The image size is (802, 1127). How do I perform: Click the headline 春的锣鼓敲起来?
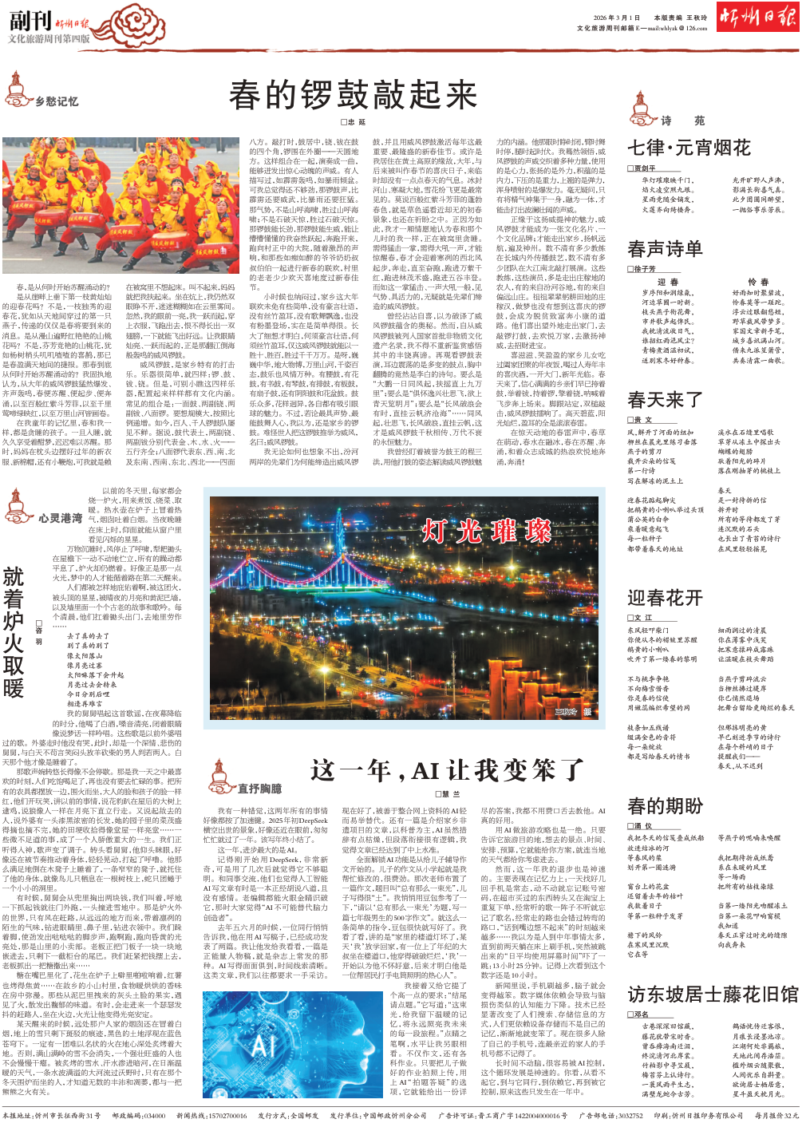(353, 95)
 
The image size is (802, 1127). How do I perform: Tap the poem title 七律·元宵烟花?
(689, 148)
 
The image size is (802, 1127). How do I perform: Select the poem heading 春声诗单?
(665, 249)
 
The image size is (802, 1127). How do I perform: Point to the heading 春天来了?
(665, 399)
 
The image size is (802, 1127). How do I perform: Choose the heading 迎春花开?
(665, 598)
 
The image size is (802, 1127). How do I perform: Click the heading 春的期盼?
(665, 805)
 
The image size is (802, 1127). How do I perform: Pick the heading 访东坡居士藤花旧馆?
(713, 994)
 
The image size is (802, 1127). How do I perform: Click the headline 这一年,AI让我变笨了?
(447, 770)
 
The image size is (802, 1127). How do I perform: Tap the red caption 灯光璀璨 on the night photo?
(487, 531)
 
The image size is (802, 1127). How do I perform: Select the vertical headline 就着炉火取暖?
(14, 632)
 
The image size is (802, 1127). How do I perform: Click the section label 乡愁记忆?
(57, 101)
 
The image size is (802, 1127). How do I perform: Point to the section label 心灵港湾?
(60, 518)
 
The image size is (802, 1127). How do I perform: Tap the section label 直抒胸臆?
(259, 789)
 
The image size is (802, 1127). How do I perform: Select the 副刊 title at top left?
(30, 20)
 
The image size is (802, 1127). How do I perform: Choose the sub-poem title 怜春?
(757, 283)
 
